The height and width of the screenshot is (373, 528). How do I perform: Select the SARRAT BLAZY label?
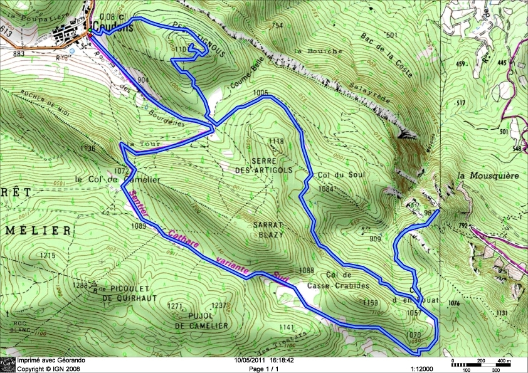tap(269, 229)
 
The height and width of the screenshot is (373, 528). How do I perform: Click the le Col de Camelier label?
tap(117, 180)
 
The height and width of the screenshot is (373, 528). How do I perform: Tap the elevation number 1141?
tap(286, 327)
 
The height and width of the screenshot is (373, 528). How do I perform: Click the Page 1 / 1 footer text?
tap(263, 369)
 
